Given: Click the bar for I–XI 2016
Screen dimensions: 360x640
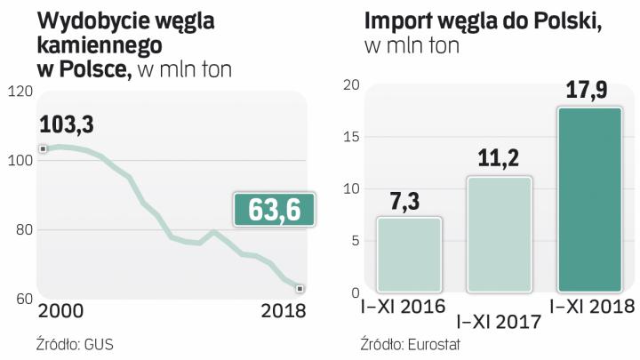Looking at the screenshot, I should pyautogui.click(x=409, y=254).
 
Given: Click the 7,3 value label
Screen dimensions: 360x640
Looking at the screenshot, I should pyautogui.click(x=409, y=201).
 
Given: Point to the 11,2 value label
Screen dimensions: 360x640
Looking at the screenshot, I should pyautogui.click(x=498, y=160).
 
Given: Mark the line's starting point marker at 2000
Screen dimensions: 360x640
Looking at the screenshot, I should pyautogui.click(x=43, y=148).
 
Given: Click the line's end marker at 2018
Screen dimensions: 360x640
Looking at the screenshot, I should pyautogui.click(x=300, y=288).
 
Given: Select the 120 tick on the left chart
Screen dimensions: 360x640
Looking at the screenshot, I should pyautogui.click(x=20, y=91).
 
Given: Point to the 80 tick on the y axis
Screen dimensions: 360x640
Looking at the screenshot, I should pyautogui.click(x=20, y=230).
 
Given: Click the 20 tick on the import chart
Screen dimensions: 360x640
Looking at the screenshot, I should pyautogui.click(x=349, y=85).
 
